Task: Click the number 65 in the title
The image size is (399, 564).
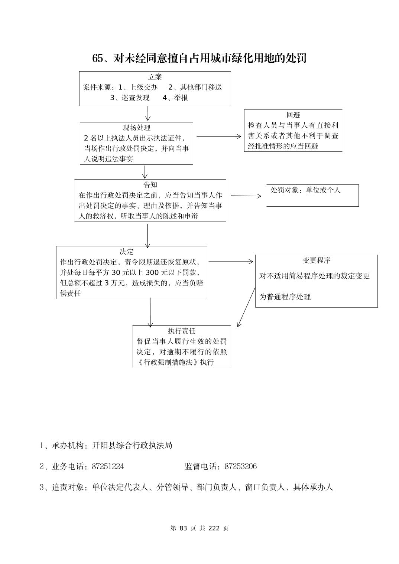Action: [x=97, y=58]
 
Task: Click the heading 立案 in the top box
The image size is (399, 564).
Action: [x=155, y=77]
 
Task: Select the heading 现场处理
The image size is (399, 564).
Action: [x=137, y=128]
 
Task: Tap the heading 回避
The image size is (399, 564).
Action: [x=293, y=115]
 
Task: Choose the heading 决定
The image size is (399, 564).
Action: [x=126, y=252]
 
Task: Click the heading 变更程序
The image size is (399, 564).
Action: [x=317, y=260]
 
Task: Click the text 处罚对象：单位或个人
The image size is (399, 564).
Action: [x=305, y=190]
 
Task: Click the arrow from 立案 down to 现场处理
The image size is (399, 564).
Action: [x=148, y=114]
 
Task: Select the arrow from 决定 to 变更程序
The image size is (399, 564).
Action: [x=230, y=262]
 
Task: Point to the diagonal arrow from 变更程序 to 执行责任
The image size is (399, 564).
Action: [x=246, y=306]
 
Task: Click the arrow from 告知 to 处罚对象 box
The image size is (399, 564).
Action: [x=246, y=196]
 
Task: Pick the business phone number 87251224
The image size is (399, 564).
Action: [x=108, y=466]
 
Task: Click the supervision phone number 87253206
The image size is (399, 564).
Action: [x=241, y=466]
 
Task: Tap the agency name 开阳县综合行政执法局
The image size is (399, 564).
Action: [x=132, y=445]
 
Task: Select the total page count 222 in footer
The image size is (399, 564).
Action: [x=214, y=528]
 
